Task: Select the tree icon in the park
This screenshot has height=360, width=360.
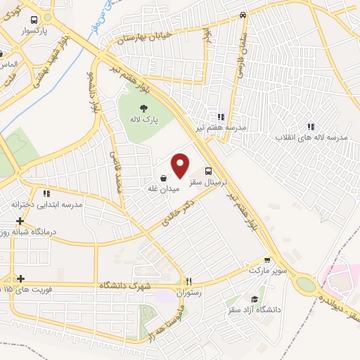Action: click(x=143, y=108)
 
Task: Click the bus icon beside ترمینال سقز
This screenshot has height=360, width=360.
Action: click(x=209, y=171)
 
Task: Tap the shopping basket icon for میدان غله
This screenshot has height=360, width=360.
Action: click(x=163, y=177)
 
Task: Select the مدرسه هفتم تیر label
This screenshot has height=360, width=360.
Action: click(x=221, y=128)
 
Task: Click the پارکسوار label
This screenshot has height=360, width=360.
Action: click(x=33, y=32)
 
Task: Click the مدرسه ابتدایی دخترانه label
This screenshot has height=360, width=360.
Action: click(x=46, y=204)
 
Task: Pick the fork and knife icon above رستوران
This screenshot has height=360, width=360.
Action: click(x=188, y=281)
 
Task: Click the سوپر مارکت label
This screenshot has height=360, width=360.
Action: click(x=264, y=269)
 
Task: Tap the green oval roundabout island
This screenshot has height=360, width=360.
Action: click(x=306, y=284)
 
